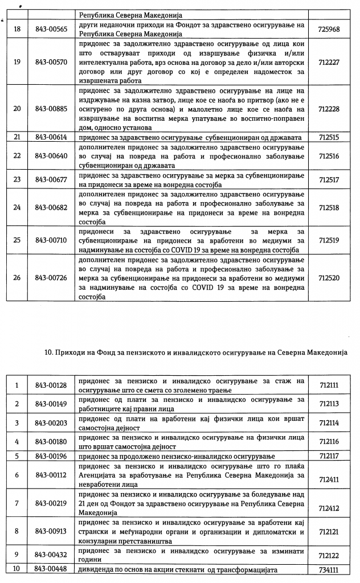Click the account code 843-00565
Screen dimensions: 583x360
click(x=51, y=27)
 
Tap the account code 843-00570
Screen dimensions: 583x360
click(x=51, y=61)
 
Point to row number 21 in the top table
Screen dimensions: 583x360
click(x=17, y=137)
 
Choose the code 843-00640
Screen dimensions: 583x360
click(x=51, y=155)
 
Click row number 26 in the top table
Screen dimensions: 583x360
click(x=17, y=278)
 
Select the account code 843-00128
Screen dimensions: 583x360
click(x=51, y=385)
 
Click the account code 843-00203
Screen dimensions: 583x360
click(x=51, y=423)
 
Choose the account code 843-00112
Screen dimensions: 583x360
click(x=51, y=475)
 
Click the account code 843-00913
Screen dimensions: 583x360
click(x=51, y=531)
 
